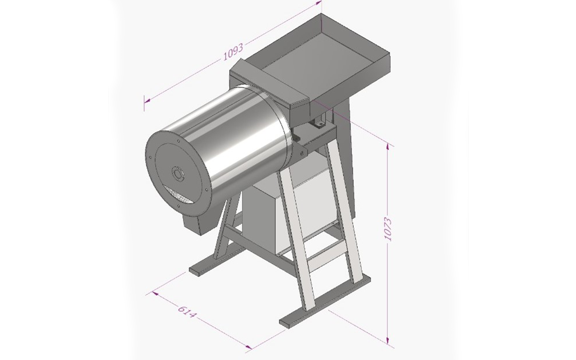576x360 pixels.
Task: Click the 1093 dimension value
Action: click(x=233, y=52)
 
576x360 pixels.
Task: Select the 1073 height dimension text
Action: click(x=387, y=229)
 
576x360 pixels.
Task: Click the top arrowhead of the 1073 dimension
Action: click(x=387, y=147)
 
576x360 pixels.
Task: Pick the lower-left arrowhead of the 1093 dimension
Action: click(x=148, y=101)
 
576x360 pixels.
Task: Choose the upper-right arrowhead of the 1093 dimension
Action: click(x=318, y=3)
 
